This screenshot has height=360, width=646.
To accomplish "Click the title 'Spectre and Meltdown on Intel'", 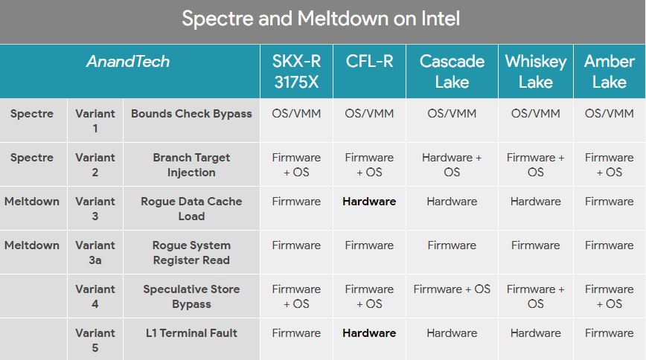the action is [321, 19].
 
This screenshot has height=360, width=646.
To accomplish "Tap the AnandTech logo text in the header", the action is [128, 62].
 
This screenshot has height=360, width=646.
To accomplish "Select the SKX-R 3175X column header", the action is [296, 71].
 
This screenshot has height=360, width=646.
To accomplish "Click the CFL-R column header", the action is [369, 62].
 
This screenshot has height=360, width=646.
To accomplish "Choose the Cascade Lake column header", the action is [452, 71].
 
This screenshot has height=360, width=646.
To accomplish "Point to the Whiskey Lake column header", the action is [536, 71].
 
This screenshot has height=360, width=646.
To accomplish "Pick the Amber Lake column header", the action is [610, 71].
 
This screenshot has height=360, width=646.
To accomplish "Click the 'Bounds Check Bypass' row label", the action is [191, 114].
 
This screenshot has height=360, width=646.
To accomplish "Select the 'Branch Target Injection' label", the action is [191, 165].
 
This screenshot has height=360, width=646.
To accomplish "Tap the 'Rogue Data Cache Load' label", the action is [191, 208].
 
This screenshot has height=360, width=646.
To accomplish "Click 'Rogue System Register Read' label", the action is [191, 252].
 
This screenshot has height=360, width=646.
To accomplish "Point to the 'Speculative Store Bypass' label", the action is [191, 297].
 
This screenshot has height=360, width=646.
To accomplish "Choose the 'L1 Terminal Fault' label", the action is [191, 332].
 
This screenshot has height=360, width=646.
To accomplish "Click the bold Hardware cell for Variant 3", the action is [369, 202].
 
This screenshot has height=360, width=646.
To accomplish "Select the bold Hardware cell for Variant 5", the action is [369, 332].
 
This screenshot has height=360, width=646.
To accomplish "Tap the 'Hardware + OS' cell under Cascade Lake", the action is [452, 165].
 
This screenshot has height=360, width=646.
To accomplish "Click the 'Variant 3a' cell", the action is [95, 252].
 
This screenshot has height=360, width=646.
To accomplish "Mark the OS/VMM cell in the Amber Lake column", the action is [610, 114].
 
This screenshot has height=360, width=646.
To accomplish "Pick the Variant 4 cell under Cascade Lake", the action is [452, 289].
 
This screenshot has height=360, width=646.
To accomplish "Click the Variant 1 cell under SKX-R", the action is [296, 114].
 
